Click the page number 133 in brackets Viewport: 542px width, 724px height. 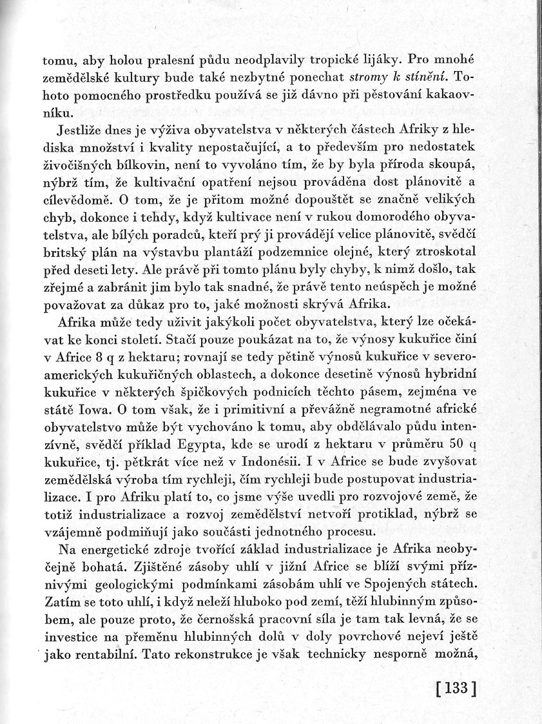click(x=455, y=687)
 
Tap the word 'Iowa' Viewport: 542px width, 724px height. click(x=99, y=408)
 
